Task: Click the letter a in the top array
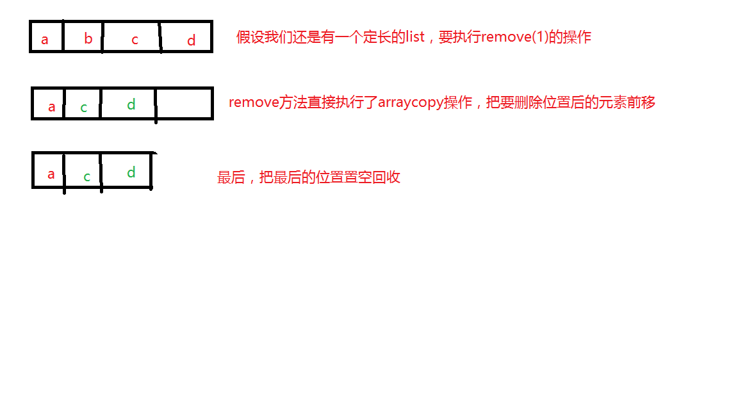(x=45, y=40)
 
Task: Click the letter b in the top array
(x=88, y=39)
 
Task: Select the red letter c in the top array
(x=135, y=40)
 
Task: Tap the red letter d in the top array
(x=191, y=40)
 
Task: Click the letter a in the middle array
(x=52, y=107)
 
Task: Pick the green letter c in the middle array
(x=84, y=108)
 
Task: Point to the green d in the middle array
(x=131, y=104)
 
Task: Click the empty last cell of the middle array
(x=184, y=104)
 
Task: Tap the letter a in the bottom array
(x=51, y=174)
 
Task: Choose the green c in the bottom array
(x=87, y=177)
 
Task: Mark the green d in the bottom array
(x=131, y=172)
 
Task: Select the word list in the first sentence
(x=415, y=37)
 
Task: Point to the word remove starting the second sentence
(x=254, y=102)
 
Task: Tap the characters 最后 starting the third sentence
(x=231, y=177)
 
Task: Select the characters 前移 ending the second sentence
(x=642, y=102)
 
